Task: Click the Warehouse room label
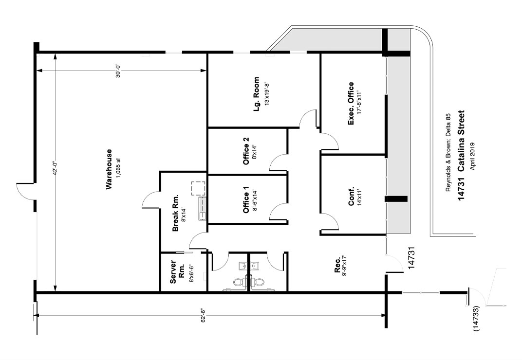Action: click(x=109, y=169)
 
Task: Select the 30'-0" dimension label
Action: click(x=118, y=71)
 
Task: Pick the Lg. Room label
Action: click(x=256, y=94)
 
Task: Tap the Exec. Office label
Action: click(x=351, y=104)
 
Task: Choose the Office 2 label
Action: click(x=246, y=151)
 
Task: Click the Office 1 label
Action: click(x=246, y=199)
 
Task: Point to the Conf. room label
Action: click(x=351, y=197)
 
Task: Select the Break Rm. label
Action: click(x=175, y=213)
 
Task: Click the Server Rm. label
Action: click(x=177, y=272)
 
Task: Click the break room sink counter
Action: click(x=203, y=209)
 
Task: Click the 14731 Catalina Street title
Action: click(x=461, y=155)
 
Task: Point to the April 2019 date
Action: click(x=472, y=156)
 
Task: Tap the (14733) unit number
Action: click(x=476, y=319)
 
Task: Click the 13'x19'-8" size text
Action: click(x=266, y=94)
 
